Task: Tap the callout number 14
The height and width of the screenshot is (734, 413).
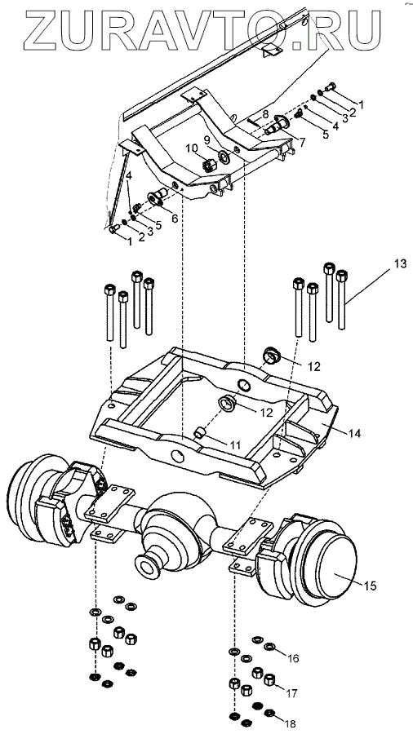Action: (x=354, y=434)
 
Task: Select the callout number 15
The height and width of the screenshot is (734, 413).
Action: (x=370, y=586)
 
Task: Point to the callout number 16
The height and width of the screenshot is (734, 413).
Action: (x=293, y=659)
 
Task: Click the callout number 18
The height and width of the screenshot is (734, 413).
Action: (x=290, y=723)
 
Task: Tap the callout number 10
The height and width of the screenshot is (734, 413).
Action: (x=191, y=149)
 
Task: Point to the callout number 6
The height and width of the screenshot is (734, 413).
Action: (x=174, y=219)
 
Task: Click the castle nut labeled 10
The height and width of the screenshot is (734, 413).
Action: (x=208, y=166)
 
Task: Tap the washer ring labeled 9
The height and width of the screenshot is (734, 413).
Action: (x=224, y=157)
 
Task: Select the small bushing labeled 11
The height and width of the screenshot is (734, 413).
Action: (x=201, y=432)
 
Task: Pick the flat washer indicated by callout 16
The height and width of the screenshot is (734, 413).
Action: (x=269, y=647)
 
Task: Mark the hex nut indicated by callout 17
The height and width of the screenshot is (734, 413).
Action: (x=269, y=679)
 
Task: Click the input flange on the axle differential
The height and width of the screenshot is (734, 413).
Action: (x=148, y=568)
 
